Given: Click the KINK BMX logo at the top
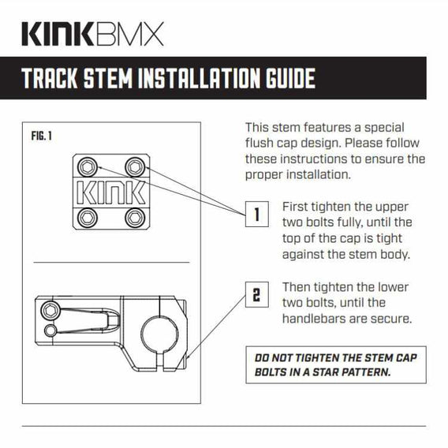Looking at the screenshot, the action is point(92,34).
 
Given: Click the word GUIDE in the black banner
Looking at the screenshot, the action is point(290,78).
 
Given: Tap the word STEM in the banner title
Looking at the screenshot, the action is point(108,78).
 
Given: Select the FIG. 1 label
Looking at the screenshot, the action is point(42,136).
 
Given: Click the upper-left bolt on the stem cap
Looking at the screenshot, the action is point(87,167).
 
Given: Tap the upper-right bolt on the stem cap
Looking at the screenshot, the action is point(135,167).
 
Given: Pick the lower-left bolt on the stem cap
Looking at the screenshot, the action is point(87,218).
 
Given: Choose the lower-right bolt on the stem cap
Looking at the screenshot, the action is point(135,218).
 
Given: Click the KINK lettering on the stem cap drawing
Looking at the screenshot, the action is point(111,192).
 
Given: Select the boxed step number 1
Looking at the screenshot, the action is point(257,214).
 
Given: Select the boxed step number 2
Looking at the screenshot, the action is point(257,294).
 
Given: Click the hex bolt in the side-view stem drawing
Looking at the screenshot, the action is point(50,310).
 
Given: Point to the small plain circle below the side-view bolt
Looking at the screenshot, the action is point(50,330).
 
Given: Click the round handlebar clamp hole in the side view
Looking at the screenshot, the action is point(159,334).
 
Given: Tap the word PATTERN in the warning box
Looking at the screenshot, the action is point(366,372).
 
